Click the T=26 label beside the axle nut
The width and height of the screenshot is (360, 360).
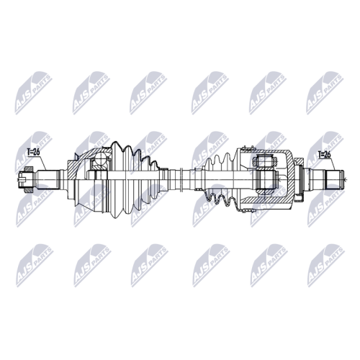pos(33,152)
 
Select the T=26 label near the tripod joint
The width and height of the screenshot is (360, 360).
pos(324,155)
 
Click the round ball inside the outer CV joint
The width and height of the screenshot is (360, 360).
pos(100,159)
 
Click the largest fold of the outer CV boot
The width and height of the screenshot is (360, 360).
pos(117,179)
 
